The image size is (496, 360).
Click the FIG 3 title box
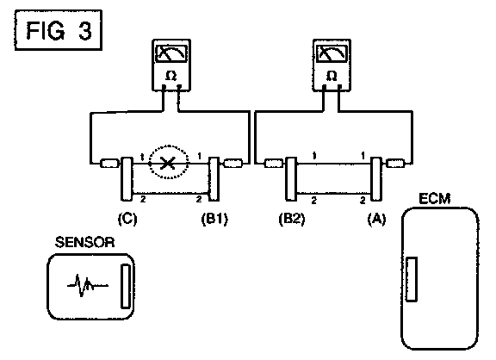(59, 30)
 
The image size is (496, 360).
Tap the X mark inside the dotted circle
(168, 164)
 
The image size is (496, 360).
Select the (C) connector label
(127, 219)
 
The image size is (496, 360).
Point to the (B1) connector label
(214, 219)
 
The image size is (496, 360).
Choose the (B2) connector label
(292, 219)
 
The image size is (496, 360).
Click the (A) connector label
(376, 219)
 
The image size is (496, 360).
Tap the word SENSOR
(84, 242)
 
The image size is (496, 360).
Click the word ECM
(435, 199)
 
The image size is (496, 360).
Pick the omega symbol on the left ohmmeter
(170, 76)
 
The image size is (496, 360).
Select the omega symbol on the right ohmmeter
(332, 76)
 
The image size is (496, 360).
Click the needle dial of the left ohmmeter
(171, 53)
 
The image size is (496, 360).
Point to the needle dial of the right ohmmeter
(332, 53)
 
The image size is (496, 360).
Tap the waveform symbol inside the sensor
(87, 285)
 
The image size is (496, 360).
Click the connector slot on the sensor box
(126, 286)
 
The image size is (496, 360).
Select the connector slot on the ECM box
(412, 279)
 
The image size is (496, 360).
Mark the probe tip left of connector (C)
(109, 164)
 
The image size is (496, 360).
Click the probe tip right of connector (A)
(396, 164)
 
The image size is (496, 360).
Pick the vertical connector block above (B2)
(291, 179)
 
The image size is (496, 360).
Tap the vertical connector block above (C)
(127, 179)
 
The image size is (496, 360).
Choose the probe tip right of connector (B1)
(233, 164)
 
